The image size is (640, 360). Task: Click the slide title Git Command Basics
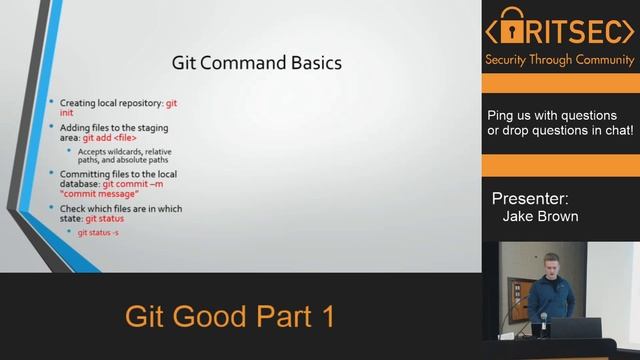258,63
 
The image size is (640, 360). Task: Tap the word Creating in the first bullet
78,103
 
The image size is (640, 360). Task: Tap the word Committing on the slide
84,174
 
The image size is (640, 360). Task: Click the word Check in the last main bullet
72,208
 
